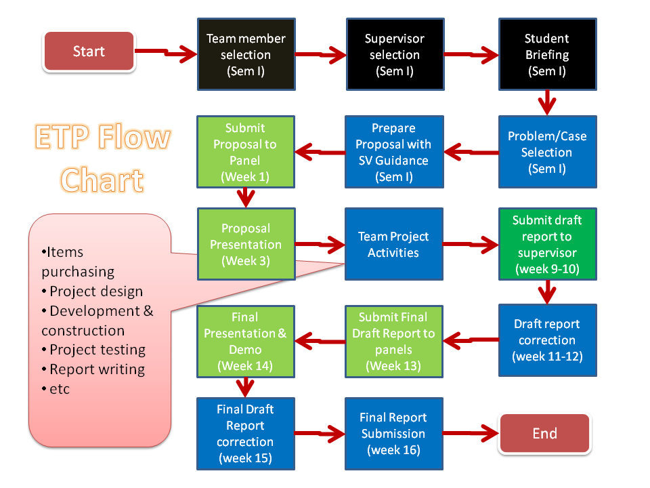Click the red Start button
[89, 52]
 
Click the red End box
[544, 434]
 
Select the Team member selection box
[246, 54]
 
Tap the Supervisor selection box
[394, 54]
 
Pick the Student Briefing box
[547, 54]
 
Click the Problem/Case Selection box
[547, 152]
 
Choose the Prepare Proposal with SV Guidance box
[394, 152]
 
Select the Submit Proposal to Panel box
[246, 152]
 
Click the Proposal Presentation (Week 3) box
[246, 244]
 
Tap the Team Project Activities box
[394, 244]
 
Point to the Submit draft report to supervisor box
[547, 244]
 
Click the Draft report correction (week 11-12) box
[547, 340]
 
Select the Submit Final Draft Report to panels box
[394, 340]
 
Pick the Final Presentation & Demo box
[246, 340]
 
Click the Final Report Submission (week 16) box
[394, 434]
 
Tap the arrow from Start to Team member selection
[166, 52]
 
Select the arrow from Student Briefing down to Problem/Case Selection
[547, 103]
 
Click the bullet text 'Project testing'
[97, 350]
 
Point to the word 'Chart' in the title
[102, 180]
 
